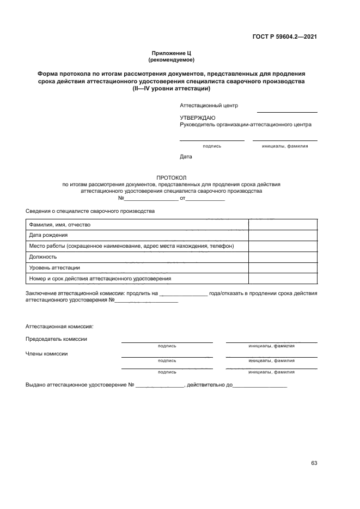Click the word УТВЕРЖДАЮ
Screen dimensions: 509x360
point(197,118)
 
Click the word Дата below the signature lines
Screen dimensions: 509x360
point(186,157)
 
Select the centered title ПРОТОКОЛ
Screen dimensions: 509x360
point(172,178)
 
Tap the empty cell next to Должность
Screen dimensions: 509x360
point(283,256)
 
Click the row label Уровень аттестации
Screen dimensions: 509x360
point(54,267)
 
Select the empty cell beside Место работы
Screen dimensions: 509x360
point(283,246)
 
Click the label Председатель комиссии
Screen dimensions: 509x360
point(56,339)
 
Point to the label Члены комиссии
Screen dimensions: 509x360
point(47,353)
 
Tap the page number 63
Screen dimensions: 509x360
point(314,463)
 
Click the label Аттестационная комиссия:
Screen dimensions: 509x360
point(59,327)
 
